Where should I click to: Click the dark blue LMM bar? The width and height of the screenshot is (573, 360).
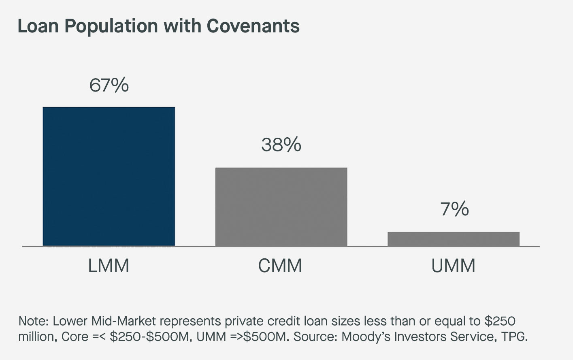click(x=109, y=177)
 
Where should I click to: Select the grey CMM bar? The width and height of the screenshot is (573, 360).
click(x=281, y=207)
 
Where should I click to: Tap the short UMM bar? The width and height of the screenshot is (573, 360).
click(x=453, y=239)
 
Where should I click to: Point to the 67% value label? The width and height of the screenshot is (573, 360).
click(x=109, y=85)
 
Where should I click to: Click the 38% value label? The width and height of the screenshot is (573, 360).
click(x=281, y=145)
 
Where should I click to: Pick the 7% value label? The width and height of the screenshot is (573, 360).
click(x=454, y=209)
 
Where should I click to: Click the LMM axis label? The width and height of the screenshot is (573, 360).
click(x=109, y=266)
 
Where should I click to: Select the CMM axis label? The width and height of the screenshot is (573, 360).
click(x=280, y=266)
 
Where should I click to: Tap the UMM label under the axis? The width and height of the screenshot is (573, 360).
click(x=453, y=266)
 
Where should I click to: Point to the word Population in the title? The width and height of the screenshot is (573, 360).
click(x=111, y=26)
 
